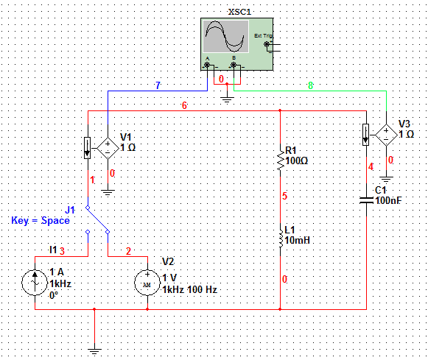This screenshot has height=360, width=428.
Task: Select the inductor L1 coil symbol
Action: (281, 239)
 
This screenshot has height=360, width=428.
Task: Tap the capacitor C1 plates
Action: (366, 200)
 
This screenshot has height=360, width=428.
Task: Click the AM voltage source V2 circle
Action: (147, 283)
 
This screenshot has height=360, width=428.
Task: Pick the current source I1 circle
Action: (35, 283)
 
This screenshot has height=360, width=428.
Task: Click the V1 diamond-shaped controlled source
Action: (108, 149)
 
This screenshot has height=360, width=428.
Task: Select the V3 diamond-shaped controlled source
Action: (386, 135)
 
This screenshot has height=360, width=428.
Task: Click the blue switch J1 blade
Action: (98, 220)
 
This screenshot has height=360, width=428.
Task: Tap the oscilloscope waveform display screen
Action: (225, 36)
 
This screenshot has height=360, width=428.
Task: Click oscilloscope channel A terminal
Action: (207, 65)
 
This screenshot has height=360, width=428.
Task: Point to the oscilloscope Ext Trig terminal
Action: (267, 44)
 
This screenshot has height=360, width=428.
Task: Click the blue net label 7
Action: (158, 85)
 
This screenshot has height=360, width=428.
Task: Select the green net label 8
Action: (310, 85)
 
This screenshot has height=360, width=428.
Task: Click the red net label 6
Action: (184, 105)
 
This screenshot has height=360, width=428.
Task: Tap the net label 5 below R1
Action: (284, 196)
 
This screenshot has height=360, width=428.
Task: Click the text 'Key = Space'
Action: (41, 220)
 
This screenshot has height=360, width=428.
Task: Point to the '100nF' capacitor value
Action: (388, 201)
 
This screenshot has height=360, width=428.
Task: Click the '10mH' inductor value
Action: (298, 240)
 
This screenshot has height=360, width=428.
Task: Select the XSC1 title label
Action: (239, 12)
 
